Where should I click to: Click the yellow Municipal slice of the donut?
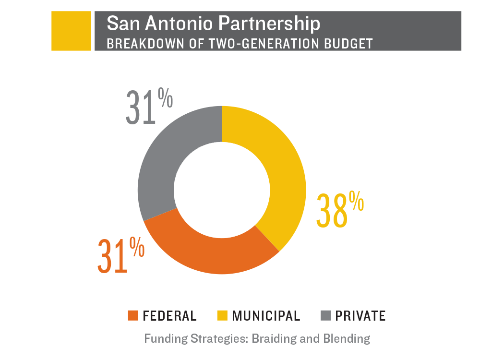click(283, 173)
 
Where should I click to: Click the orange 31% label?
click(120, 255)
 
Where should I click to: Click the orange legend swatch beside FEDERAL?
click(133, 315)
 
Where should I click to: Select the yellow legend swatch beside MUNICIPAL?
click(222, 315)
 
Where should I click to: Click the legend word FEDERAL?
click(170, 316)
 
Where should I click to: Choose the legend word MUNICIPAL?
click(266, 316)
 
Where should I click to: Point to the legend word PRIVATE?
click(360, 316)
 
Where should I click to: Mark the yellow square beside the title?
click(71, 31)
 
